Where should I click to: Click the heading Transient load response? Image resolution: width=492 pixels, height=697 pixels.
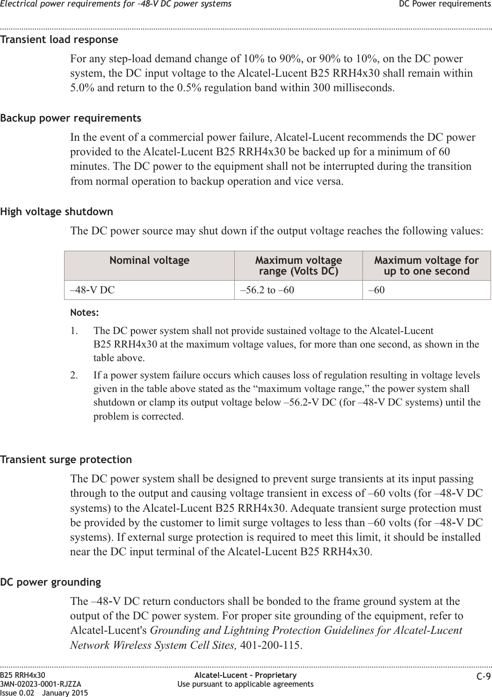pyautogui.click(x=59, y=39)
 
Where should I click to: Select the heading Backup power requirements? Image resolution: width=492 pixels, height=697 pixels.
pyautogui.click(x=71, y=118)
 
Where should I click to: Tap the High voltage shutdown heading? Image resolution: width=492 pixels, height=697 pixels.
pyautogui.click(x=57, y=211)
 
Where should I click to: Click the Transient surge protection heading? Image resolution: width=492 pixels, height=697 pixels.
pyautogui.click(x=66, y=459)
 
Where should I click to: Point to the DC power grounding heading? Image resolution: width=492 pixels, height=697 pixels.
pyautogui.click(x=51, y=582)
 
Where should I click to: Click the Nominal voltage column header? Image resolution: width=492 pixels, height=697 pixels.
pyautogui.click(x=149, y=260)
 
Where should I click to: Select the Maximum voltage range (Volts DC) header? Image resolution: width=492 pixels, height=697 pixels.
pyautogui.click(x=298, y=266)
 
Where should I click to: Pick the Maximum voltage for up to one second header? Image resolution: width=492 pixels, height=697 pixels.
pyautogui.click(x=427, y=266)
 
